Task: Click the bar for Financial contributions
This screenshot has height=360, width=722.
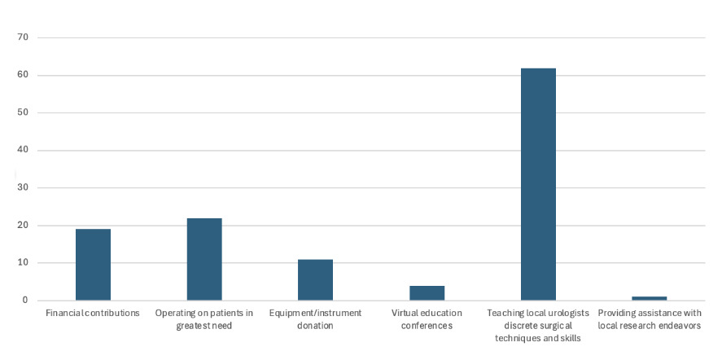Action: [x=93, y=265]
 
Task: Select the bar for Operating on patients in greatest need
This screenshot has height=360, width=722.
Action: [x=204, y=259]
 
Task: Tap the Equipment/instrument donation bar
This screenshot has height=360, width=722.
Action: [x=315, y=279]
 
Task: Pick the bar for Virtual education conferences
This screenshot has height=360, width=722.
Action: [x=427, y=292]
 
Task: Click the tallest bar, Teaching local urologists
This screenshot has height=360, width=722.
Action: [x=538, y=184]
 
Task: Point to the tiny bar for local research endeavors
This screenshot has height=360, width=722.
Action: [x=649, y=298]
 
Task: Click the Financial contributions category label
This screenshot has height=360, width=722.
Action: [x=93, y=313]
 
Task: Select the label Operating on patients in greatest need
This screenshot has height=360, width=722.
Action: [x=204, y=318]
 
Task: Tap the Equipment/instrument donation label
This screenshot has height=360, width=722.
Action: [x=315, y=318]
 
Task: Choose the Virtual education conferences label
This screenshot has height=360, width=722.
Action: [x=427, y=318]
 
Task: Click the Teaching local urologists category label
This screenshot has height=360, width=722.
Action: [x=538, y=325]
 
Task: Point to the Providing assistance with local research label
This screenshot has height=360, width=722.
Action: [x=649, y=318]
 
